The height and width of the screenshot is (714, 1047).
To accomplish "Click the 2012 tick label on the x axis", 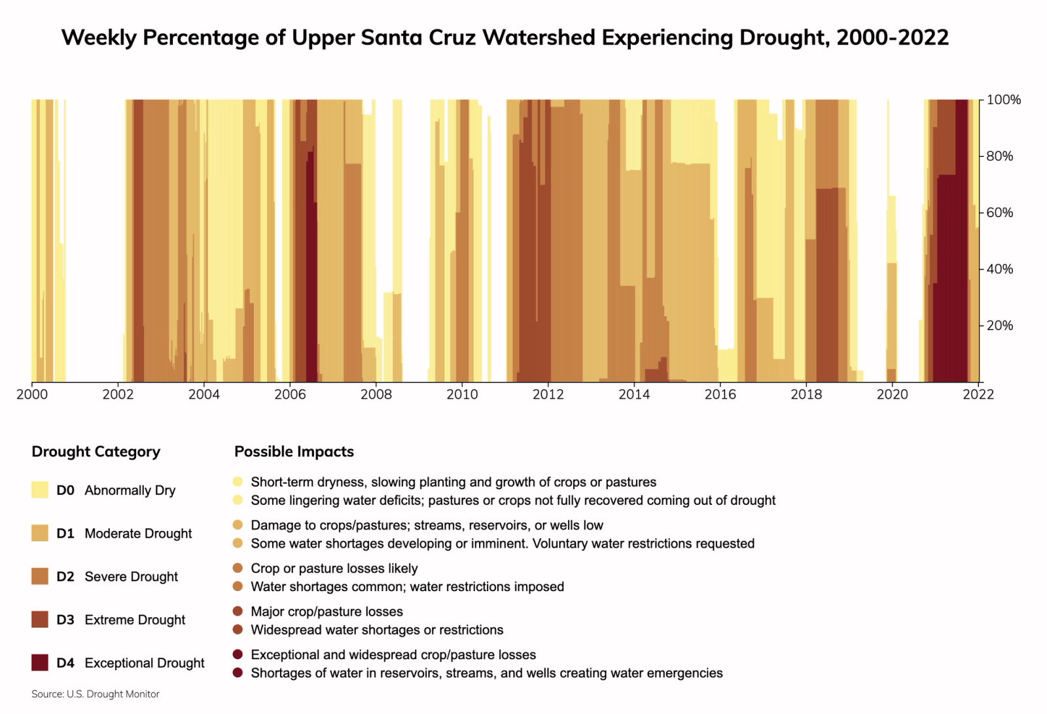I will point(548,395).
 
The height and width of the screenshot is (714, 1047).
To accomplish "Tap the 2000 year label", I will point(31,395).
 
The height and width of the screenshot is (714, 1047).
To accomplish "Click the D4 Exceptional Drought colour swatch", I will point(40,662).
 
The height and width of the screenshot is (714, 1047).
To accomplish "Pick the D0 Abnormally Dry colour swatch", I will point(40,490).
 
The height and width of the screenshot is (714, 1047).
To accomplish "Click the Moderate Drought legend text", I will point(138,534).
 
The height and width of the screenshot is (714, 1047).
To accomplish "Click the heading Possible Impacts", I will point(294,452).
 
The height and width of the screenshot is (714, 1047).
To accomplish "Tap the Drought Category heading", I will point(96,452).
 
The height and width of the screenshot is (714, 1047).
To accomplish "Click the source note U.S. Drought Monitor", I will point(96,694).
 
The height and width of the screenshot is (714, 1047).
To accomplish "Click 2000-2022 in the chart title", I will point(892,38).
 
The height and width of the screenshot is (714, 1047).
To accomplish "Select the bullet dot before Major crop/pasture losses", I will point(238,611).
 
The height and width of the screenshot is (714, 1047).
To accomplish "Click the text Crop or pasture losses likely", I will point(334,569).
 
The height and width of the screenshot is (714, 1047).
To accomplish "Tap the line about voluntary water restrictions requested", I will point(502,544).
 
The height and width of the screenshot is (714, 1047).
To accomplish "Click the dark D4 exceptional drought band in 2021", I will point(949,275).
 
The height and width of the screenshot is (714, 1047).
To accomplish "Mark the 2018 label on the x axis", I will point(806,395).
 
